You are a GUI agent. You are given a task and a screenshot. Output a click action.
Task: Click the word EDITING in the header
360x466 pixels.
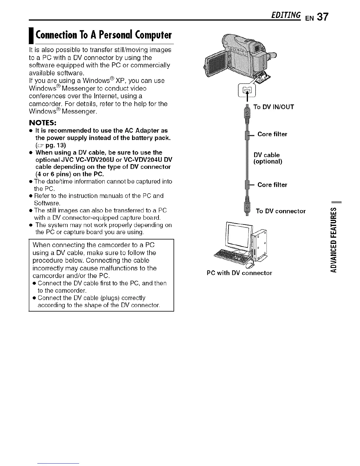(287, 15)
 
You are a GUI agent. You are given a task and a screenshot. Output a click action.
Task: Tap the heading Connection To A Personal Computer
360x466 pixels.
(103, 35)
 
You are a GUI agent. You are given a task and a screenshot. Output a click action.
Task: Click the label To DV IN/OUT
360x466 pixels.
(274, 107)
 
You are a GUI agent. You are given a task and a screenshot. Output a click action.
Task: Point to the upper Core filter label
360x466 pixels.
(272, 134)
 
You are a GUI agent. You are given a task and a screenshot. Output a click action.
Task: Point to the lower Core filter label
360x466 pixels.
(272, 185)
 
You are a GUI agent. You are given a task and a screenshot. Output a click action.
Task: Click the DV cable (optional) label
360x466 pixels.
(268, 158)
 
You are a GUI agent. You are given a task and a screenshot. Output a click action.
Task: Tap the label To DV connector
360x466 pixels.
(281, 211)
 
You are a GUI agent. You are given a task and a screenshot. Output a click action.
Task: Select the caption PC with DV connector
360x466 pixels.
(239, 273)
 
